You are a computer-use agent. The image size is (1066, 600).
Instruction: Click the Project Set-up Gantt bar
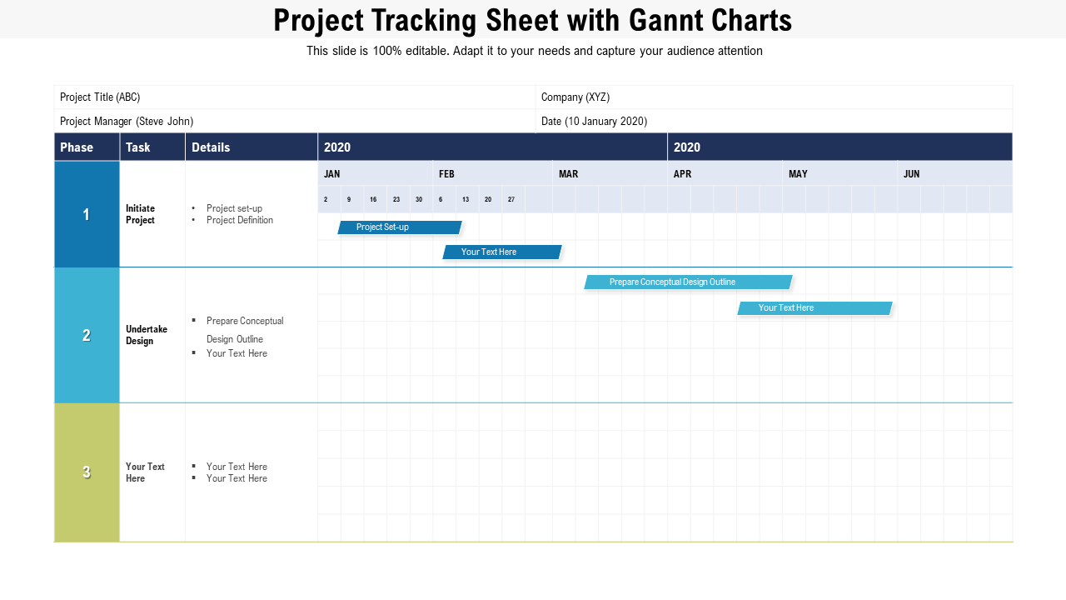(x=400, y=227)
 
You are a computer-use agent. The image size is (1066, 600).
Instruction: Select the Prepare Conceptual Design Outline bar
(x=688, y=282)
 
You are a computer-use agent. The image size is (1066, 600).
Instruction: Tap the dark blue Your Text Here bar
(x=502, y=252)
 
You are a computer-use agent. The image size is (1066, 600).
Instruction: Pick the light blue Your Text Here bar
(x=814, y=308)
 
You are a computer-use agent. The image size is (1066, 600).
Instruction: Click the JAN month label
(x=331, y=174)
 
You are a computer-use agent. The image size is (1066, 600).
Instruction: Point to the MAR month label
(x=568, y=174)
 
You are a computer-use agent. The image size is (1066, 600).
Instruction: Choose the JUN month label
(x=911, y=174)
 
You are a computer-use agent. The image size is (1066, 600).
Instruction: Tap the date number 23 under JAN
(x=396, y=199)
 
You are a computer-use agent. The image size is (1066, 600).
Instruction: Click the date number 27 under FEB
(x=511, y=199)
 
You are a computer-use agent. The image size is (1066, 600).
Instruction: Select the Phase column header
(x=77, y=147)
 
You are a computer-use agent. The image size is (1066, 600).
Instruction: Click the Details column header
(x=211, y=147)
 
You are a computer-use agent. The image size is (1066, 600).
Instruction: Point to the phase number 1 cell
(x=86, y=214)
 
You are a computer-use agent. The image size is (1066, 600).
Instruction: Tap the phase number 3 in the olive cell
(x=86, y=472)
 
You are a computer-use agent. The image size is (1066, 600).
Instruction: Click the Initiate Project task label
(x=140, y=214)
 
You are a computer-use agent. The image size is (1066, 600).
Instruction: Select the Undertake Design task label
(x=146, y=335)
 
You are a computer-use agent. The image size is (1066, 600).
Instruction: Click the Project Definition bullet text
(x=240, y=220)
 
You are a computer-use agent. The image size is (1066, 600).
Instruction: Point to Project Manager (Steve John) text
(x=127, y=122)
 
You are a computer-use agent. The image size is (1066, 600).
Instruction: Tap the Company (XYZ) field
(x=575, y=97)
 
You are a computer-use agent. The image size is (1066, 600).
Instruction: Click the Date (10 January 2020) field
(x=594, y=122)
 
